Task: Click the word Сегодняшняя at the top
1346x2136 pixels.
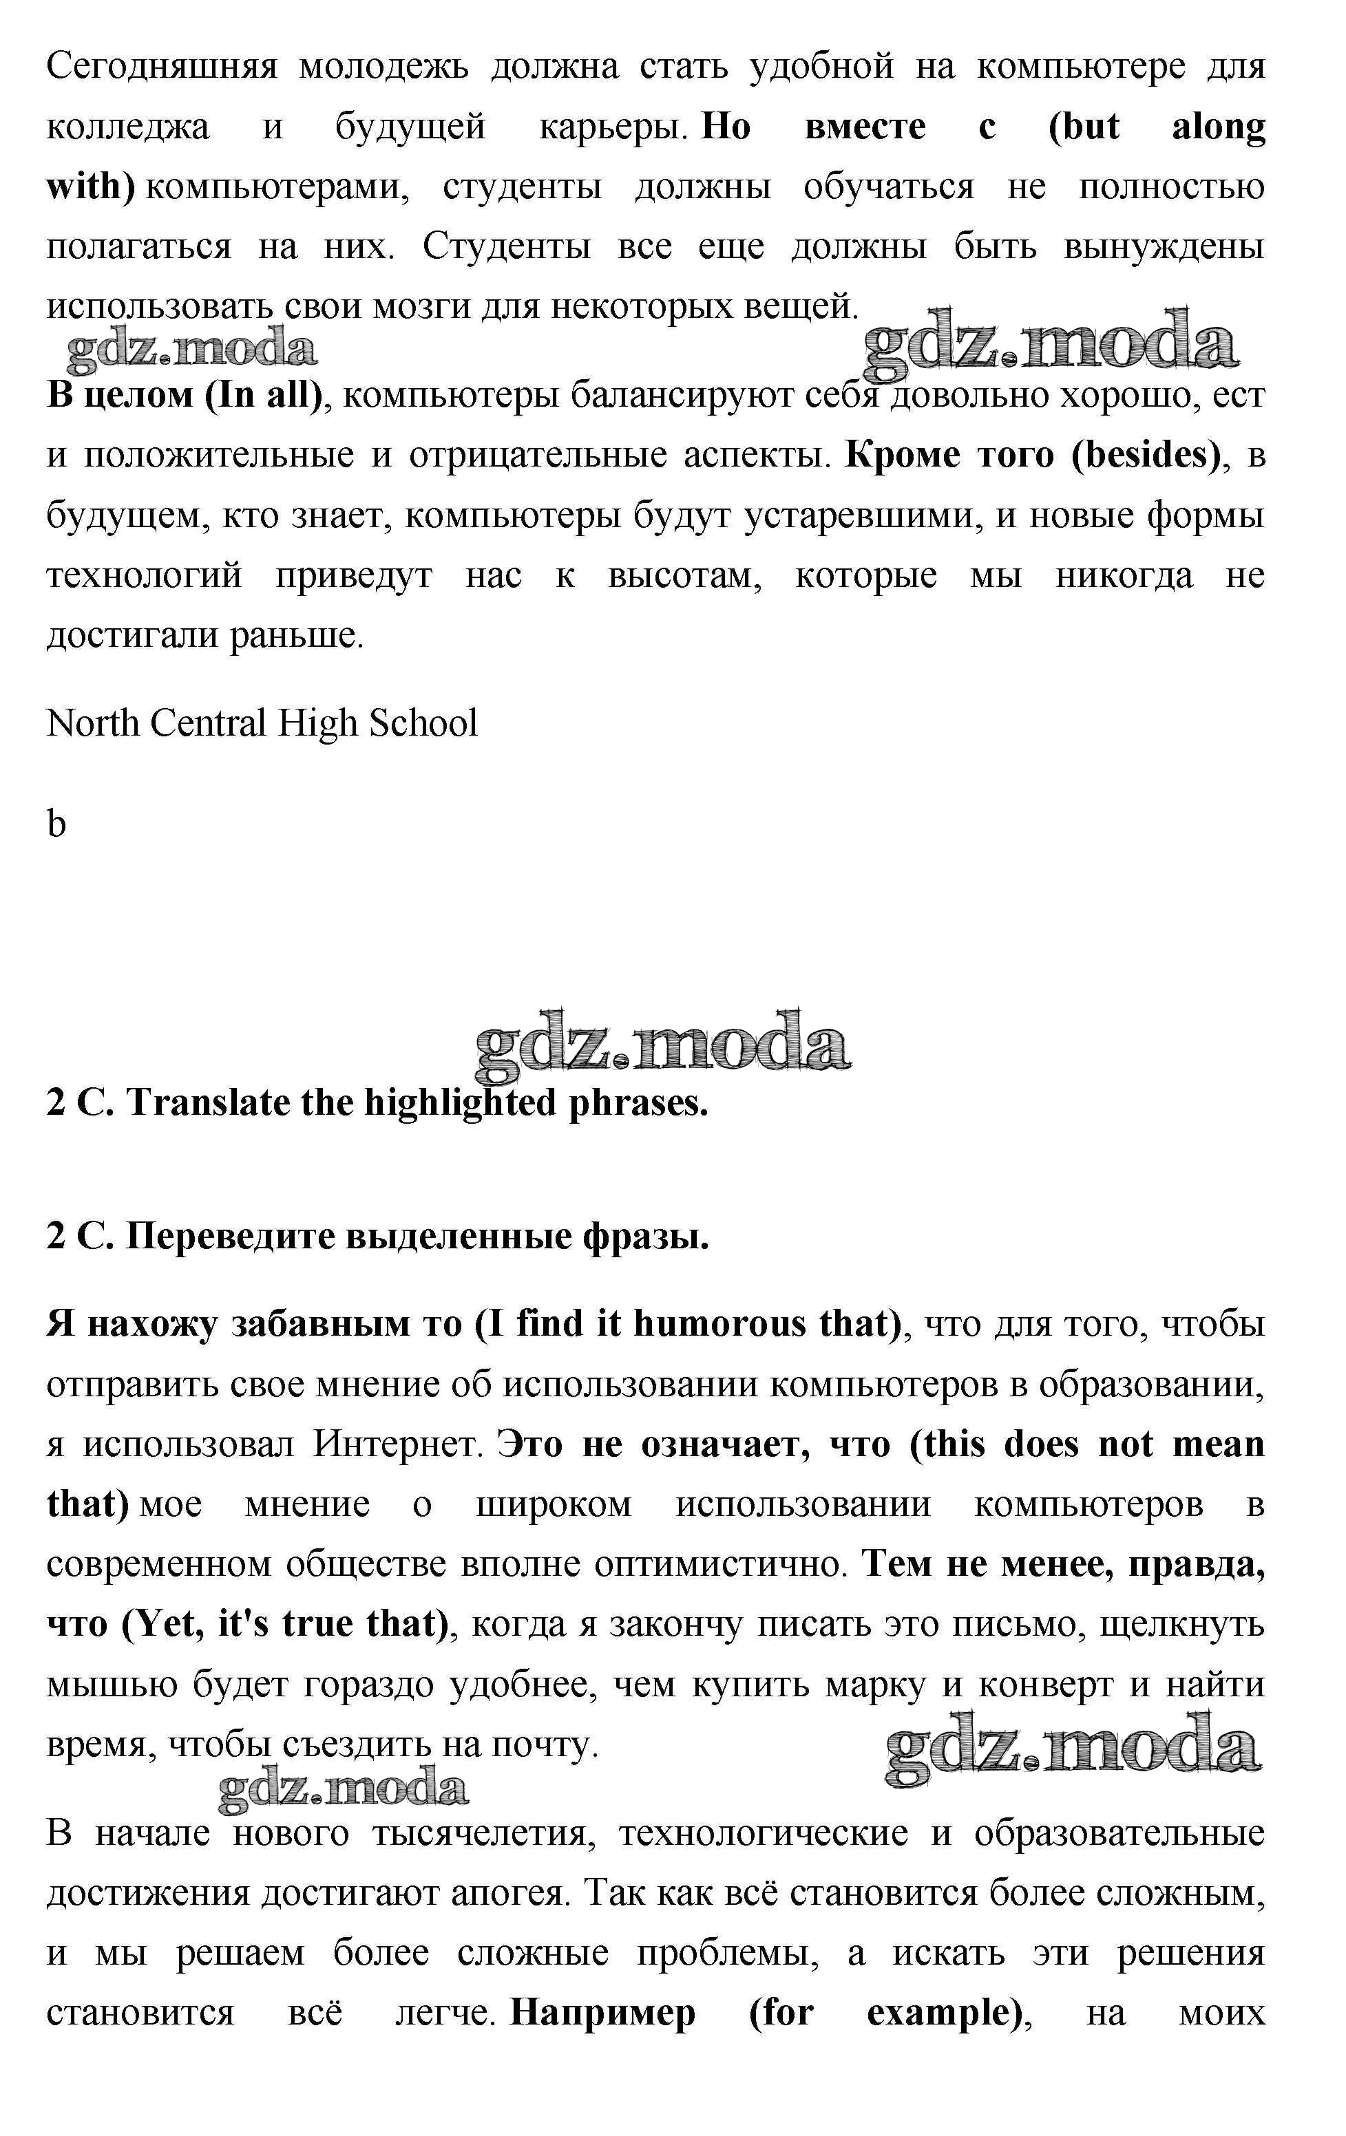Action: point(162,67)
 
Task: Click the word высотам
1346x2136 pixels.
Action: point(684,577)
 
